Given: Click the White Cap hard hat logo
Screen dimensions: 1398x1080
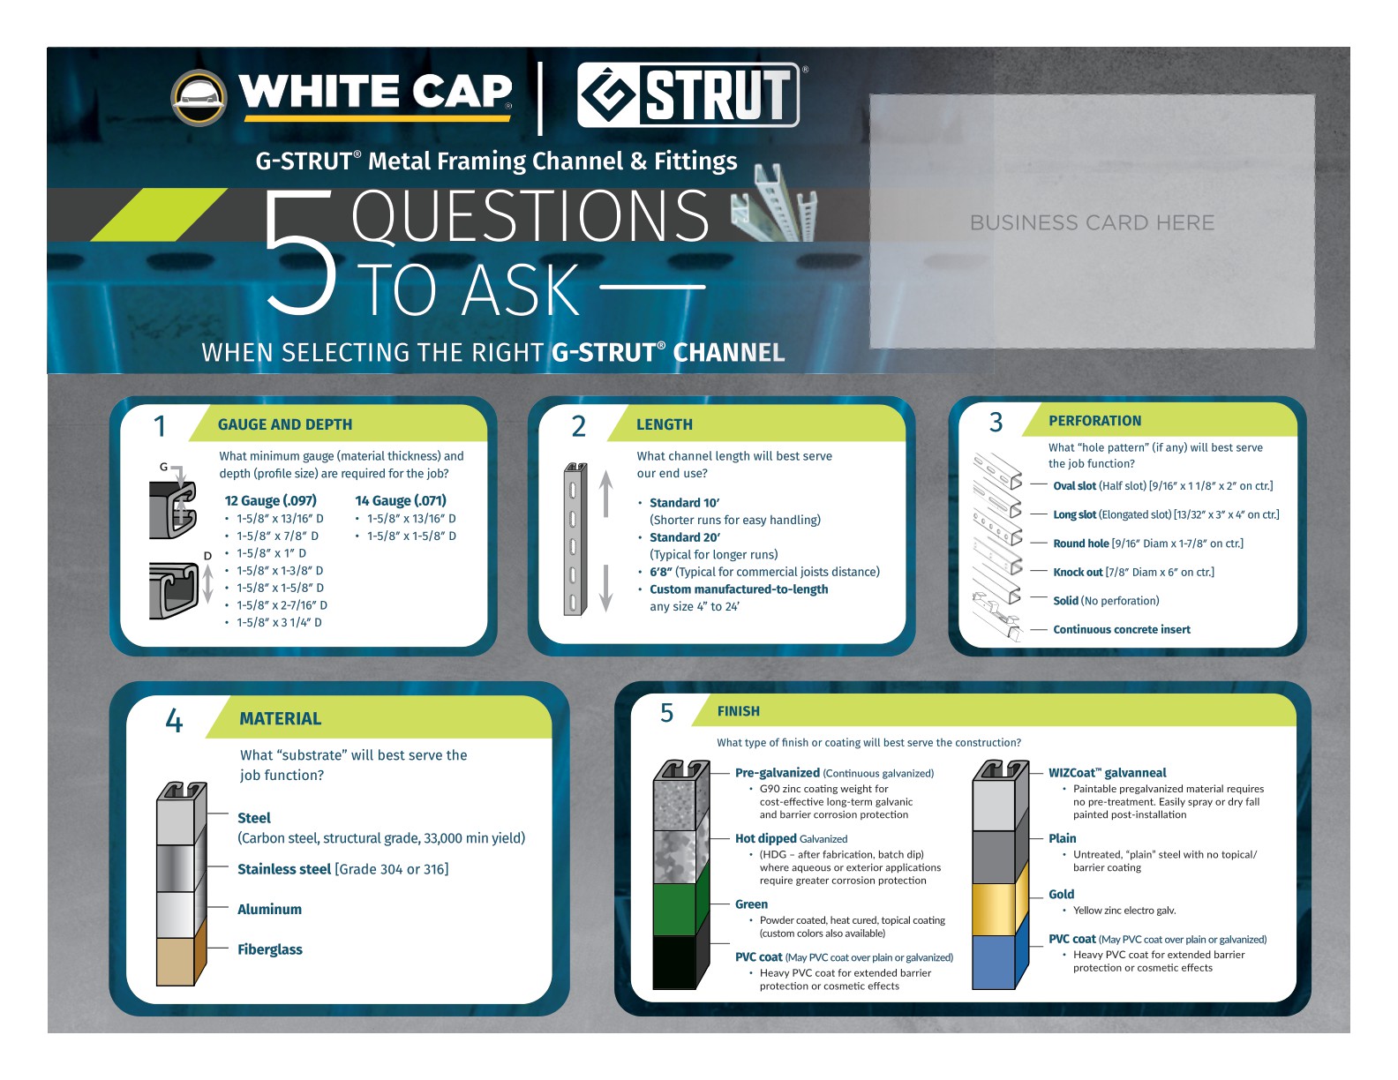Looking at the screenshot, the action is point(199,97).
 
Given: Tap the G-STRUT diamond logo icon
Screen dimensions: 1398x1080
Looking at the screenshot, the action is point(607,95).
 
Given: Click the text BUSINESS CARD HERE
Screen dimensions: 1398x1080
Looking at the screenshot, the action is point(1092,222).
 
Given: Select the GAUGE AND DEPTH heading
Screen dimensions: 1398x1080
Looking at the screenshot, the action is point(285,424).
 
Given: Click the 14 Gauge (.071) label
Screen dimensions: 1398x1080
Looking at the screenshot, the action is point(400,500).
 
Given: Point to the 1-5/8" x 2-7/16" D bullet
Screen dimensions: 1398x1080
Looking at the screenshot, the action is point(282,605).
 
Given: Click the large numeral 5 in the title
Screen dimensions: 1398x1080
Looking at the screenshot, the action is point(301,252).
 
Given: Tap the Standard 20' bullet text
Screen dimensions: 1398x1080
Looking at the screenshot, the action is point(685,537).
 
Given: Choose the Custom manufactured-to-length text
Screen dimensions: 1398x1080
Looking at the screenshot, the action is point(739,589).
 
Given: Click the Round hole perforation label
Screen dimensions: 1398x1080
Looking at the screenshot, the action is point(1081,544).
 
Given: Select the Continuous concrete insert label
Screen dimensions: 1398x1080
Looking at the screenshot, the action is point(1122,630).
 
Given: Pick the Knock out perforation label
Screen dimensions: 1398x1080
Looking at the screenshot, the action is point(1079,572).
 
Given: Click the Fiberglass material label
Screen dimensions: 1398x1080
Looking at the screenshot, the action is point(269,949).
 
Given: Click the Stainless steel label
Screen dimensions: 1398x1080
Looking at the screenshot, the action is point(283,869).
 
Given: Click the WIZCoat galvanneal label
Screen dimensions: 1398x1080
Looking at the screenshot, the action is point(1108,773).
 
